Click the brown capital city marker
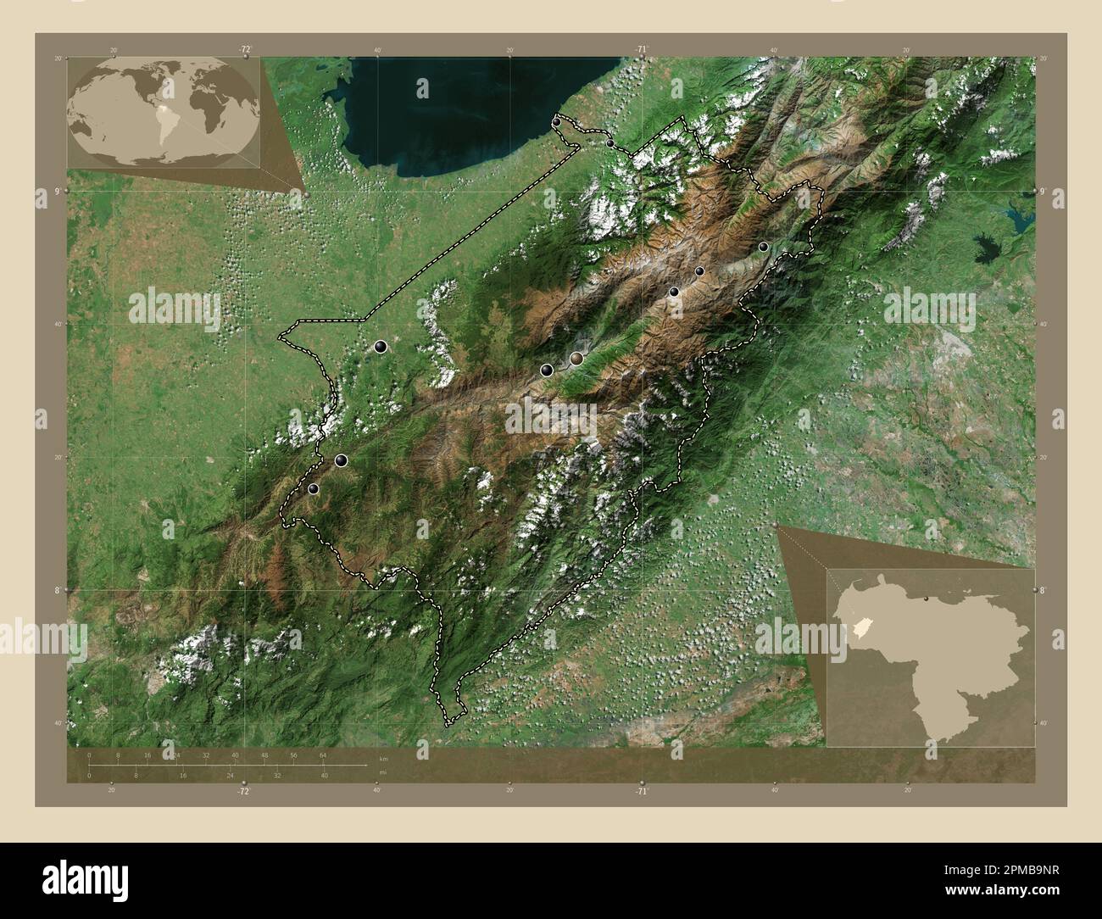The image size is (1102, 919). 577,359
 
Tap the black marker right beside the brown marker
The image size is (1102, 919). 547,370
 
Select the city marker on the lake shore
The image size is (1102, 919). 556,123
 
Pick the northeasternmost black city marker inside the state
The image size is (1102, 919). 763,247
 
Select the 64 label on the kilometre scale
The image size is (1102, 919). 323,755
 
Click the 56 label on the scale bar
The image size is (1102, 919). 293,755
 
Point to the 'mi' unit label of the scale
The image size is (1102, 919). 383,772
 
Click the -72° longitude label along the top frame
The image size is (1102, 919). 245,50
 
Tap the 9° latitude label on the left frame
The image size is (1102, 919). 57,192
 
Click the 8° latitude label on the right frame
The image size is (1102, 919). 1042,589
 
